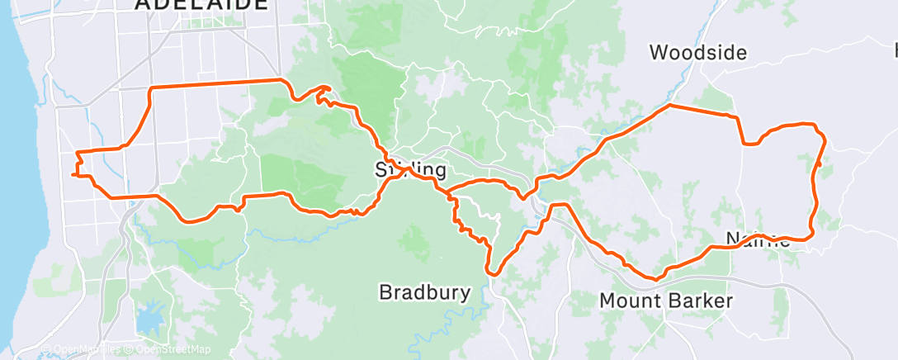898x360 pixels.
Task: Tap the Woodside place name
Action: (697, 54)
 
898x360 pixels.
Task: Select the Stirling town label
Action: (410, 171)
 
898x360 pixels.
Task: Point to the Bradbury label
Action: (424, 292)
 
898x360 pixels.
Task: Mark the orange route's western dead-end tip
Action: (73, 175)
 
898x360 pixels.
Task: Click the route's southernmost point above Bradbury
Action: (492, 271)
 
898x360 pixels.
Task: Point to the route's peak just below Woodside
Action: (669, 106)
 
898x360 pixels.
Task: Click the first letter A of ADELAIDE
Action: (143, 4)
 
